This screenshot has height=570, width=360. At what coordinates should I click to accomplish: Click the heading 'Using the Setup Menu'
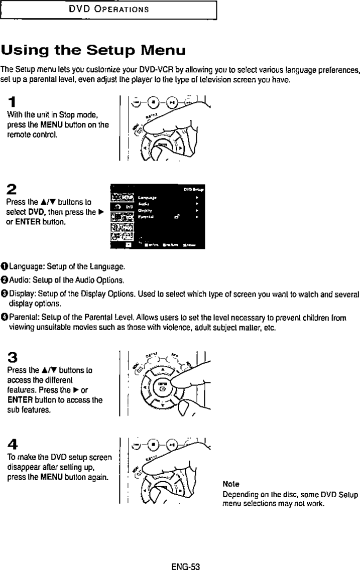point(93,51)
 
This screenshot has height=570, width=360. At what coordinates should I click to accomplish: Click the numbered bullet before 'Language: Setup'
point(5,265)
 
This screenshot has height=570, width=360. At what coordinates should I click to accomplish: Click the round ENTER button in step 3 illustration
point(162,387)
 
